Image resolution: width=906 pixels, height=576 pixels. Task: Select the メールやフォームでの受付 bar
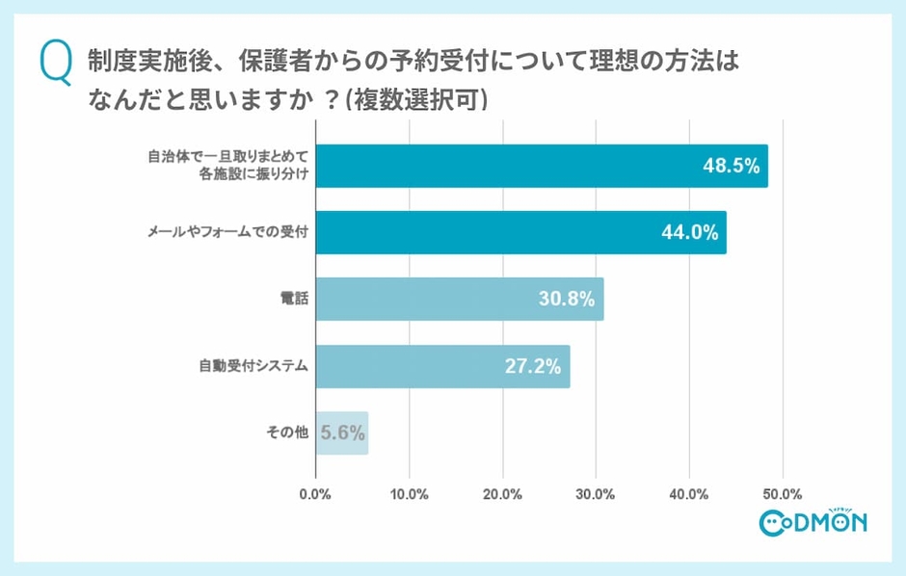click(x=501, y=232)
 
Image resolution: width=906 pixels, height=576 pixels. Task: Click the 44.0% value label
click(x=687, y=232)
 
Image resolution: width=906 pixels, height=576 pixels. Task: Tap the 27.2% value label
click(x=532, y=366)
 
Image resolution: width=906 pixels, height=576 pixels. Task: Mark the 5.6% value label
click(x=342, y=432)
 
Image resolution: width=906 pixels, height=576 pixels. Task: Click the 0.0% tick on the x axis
click(x=315, y=494)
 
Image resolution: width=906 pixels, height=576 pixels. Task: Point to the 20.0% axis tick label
click(x=502, y=494)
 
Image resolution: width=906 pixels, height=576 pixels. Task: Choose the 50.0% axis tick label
click(x=782, y=494)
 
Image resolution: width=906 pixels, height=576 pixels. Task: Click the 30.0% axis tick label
click(x=596, y=494)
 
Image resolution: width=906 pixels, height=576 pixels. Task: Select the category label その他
click(x=286, y=432)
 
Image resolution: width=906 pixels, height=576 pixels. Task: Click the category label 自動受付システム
click(x=253, y=366)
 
